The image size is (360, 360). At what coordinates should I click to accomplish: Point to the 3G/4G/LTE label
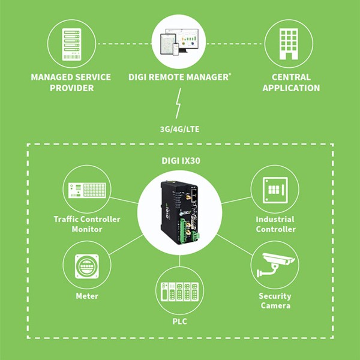179,129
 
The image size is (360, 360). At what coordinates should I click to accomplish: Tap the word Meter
87,296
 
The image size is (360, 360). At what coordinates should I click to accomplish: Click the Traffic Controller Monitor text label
86,224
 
